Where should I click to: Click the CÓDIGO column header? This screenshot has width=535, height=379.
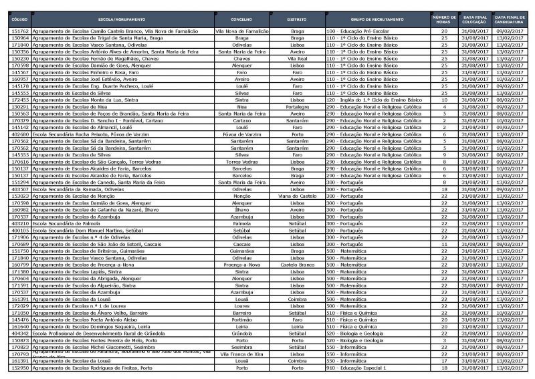(20, 19)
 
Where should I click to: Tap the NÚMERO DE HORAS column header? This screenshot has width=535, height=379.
(444, 19)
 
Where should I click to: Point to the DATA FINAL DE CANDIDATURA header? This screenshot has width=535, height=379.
(509, 19)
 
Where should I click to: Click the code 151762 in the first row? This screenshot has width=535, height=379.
(21, 31)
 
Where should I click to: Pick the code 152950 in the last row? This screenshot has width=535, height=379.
(21, 368)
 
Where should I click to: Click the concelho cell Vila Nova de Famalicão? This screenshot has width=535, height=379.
(241, 31)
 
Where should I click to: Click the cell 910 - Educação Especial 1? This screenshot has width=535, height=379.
(360, 368)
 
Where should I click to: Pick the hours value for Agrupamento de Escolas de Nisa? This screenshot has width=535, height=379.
(444, 107)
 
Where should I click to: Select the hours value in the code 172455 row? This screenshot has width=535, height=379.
(444, 100)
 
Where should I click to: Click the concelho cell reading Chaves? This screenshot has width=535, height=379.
(241, 59)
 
